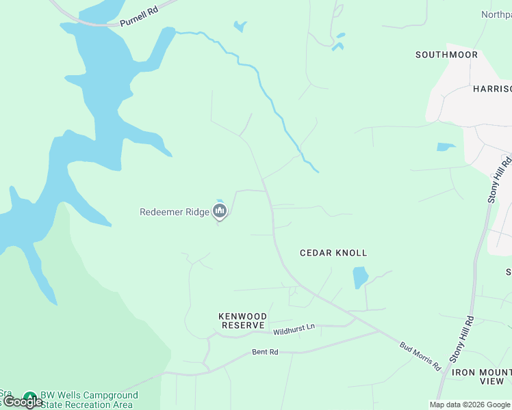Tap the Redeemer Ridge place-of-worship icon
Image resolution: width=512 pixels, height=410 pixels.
click(x=220, y=213)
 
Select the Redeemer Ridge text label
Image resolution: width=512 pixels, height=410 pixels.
click(x=175, y=212)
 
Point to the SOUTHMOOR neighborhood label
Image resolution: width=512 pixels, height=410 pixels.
click(x=446, y=55)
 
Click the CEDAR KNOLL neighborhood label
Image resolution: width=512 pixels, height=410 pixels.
click(x=333, y=253)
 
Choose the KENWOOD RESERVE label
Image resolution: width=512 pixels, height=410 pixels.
click(x=242, y=320)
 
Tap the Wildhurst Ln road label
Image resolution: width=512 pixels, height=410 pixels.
click(x=294, y=328)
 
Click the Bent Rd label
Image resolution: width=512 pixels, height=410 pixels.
click(x=265, y=352)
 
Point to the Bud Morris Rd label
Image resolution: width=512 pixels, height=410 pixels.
click(x=420, y=355)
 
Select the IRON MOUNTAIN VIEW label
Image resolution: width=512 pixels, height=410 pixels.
click(x=479, y=377)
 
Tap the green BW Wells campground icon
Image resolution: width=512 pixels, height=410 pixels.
click(x=29, y=397)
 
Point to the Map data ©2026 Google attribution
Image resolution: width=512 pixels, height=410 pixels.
click(x=470, y=405)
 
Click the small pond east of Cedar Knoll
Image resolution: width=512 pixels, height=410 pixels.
click(x=360, y=277)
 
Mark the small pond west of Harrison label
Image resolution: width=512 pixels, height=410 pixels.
click(x=446, y=146)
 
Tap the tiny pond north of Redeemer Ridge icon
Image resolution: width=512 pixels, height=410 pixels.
click(x=219, y=201)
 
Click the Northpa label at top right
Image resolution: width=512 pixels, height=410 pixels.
click(x=496, y=14)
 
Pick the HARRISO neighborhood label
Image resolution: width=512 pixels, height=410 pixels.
click(x=492, y=89)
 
